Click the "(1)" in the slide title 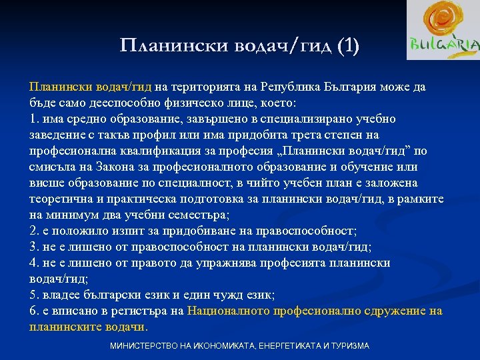click(347, 45)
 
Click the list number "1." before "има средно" click(35, 119)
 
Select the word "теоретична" click(61, 199)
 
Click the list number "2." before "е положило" click(35, 231)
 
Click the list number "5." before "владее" click(35, 295)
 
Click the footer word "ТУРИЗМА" click(346, 347)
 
